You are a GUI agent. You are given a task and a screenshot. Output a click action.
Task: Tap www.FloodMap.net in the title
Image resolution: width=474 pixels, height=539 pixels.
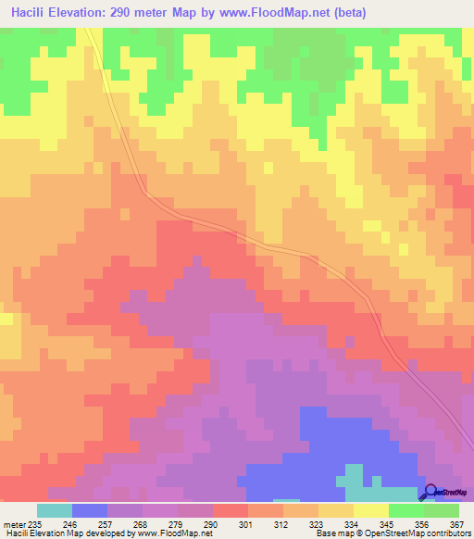pyautogui.click(x=278, y=12)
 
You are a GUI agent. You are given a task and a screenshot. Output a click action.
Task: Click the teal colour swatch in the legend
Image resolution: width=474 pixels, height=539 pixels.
pyautogui.click(x=55, y=510)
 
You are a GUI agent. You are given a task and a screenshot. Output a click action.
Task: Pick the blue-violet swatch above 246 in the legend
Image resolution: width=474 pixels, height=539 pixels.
pyautogui.click(x=90, y=510)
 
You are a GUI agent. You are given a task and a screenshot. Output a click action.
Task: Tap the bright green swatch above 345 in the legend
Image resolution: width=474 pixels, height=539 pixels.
pyautogui.click(x=406, y=510)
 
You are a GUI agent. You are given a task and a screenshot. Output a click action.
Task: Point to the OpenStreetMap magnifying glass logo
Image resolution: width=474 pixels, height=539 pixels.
pyautogui.click(x=430, y=492)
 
